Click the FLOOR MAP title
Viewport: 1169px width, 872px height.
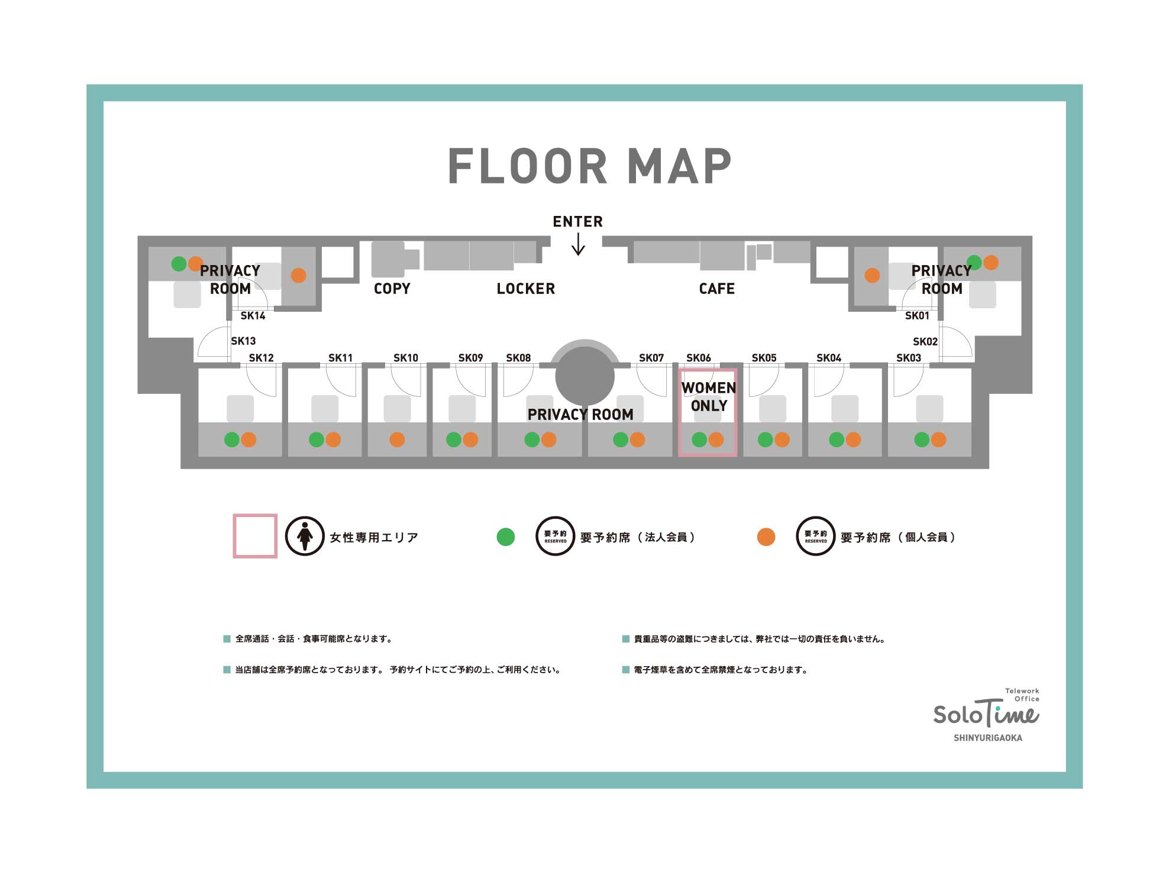[590, 166]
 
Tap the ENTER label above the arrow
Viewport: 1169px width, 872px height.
[578, 222]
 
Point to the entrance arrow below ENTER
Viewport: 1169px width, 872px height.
[579, 244]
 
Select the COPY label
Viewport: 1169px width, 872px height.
[392, 289]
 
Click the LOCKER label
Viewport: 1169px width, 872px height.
[526, 289]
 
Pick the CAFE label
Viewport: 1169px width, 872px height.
[717, 289]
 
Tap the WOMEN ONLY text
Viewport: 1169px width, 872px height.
[709, 397]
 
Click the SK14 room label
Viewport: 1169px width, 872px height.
[253, 316]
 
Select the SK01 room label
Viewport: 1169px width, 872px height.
[917, 316]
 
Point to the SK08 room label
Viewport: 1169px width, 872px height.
[518, 358]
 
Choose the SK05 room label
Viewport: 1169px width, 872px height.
[764, 358]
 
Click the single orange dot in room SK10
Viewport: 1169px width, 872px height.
[397, 440]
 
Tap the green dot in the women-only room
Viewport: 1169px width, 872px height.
[699, 440]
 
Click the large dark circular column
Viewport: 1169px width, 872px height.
[584, 376]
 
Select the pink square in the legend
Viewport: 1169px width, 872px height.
[255, 536]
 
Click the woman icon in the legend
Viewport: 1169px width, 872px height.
[305, 536]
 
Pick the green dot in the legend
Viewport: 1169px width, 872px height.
[506, 537]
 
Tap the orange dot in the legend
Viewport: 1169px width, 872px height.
[766, 537]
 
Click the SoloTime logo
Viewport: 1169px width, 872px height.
[986, 710]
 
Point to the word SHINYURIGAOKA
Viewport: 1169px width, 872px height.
[988, 738]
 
